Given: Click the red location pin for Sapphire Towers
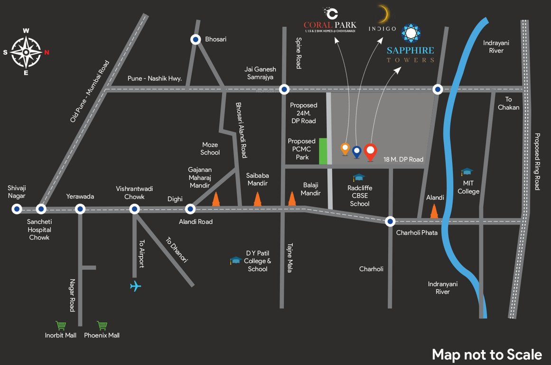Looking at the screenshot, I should click(x=370, y=151).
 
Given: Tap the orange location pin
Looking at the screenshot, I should click(x=346, y=149).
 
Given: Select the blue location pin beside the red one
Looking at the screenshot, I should click(x=357, y=152).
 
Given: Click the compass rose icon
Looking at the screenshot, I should click(x=26, y=52).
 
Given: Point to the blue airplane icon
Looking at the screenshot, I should click(x=136, y=286).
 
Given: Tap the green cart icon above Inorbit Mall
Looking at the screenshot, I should click(x=61, y=326).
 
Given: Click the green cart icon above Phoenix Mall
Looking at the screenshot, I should click(x=102, y=326).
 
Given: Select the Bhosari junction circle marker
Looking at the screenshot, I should click(x=195, y=40).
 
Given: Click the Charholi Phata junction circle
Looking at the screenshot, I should click(x=390, y=221).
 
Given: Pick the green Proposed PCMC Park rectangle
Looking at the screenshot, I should click(x=323, y=151).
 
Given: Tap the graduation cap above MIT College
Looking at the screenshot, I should click(x=467, y=172).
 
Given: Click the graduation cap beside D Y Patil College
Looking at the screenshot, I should click(x=235, y=260).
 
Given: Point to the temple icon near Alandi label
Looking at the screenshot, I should click(x=434, y=211).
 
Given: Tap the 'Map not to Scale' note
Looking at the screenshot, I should click(x=486, y=355).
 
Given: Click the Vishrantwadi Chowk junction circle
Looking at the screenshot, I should click(x=135, y=209).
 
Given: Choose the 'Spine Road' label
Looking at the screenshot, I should click(x=299, y=53).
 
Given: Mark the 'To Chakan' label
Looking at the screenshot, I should click(x=508, y=103).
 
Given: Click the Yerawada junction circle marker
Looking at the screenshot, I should click(x=80, y=209).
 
